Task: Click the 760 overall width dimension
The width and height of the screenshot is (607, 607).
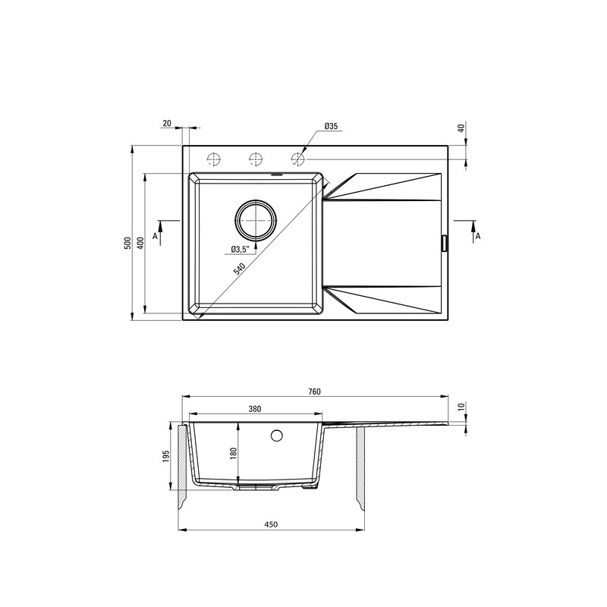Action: click(315, 392)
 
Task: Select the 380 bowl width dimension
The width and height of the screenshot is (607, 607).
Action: click(255, 409)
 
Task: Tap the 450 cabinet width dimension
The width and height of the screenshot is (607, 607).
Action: click(271, 524)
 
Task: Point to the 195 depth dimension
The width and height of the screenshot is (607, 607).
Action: click(166, 457)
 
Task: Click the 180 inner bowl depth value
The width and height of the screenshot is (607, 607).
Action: click(233, 454)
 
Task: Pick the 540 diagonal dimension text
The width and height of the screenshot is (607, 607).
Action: click(240, 269)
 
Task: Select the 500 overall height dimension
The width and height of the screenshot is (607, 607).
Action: click(128, 243)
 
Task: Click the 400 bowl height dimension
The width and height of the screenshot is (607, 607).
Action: click(140, 243)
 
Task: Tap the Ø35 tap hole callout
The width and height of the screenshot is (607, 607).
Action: click(331, 126)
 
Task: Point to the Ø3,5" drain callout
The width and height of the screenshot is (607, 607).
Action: click(239, 250)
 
